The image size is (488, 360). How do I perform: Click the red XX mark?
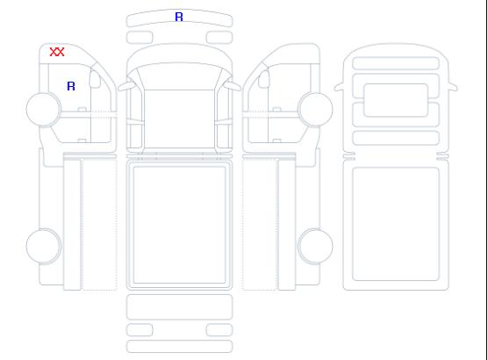click(57, 52)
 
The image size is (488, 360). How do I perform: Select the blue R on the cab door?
click(71, 86)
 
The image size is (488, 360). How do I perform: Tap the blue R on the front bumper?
click(179, 17)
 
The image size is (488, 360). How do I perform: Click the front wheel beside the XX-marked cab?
click(44, 109)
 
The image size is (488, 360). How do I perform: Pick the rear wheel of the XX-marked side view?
click(44, 246)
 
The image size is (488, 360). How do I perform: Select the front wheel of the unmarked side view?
click(315, 109)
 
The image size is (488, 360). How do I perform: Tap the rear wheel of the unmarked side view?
click(315, 246)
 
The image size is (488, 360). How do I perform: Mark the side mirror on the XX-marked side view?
click(95, 79)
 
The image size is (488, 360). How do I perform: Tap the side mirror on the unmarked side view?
click(264, 79)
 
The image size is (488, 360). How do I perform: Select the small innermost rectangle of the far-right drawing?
click(396, 100)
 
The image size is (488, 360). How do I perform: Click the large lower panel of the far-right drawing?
click(396, 224)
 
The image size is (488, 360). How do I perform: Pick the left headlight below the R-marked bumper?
click(140, 38)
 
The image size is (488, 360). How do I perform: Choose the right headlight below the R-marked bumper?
click(219, 38)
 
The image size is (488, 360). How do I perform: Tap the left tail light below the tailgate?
click(140, 330)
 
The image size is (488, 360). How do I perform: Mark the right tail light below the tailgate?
click(219, 330)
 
